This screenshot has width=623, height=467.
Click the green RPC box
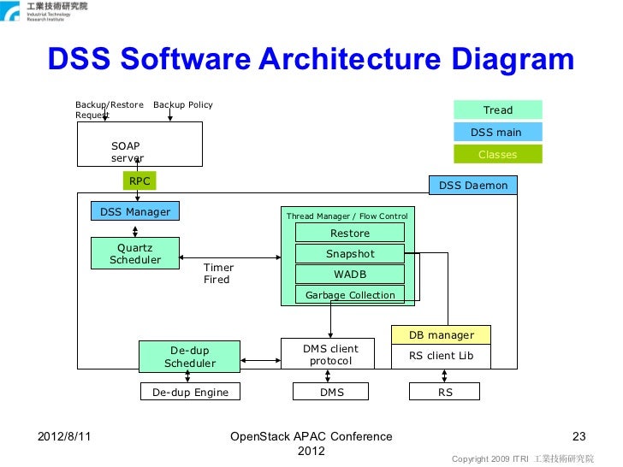[139, 180]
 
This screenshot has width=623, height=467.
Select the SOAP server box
[139, 144]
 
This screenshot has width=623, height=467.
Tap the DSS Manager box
[135, 211]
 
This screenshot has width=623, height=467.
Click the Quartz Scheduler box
[135, 253]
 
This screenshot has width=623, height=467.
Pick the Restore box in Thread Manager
[350, 233]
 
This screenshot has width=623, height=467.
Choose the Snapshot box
[350, 254]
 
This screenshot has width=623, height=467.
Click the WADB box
[350, 275]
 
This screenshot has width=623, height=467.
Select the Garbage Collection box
[350, 295]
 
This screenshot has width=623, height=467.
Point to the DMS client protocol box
[330, 355]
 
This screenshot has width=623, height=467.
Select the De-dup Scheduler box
[190, 357]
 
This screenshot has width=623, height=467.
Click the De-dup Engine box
[190, 392]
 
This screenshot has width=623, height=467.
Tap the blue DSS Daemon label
[473, 185]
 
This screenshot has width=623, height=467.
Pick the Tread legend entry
[498, 109]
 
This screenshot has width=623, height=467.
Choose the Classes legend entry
[498, 154]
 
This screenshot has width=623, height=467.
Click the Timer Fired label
[218, 274]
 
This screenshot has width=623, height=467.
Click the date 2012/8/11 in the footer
[64, 436]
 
